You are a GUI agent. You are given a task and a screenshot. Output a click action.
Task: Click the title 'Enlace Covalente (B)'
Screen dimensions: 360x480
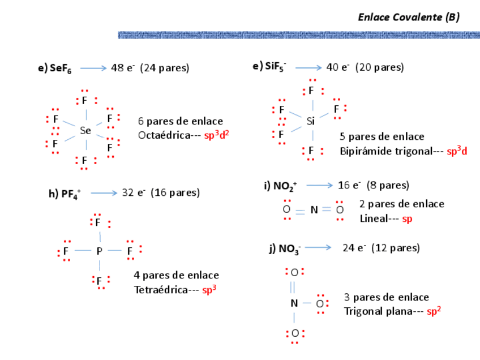coord(408,17)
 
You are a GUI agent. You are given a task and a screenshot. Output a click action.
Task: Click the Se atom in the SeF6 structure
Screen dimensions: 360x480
coord(85,131)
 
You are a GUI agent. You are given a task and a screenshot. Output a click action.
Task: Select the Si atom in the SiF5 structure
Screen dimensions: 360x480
coord(310,121)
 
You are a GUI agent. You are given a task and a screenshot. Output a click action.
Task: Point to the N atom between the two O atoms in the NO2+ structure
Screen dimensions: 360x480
coord(314,210)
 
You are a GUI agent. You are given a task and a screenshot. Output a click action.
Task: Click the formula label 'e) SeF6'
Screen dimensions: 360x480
coord(55,68)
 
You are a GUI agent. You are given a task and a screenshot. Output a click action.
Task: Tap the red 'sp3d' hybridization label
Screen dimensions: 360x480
coord(457,151)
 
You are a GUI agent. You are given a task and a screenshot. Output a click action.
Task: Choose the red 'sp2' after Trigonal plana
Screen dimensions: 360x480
coord(434,311)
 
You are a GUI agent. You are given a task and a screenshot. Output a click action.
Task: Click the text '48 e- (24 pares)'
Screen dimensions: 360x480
coord(150,68)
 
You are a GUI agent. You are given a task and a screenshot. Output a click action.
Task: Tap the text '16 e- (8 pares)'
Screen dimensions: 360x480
coord(373,185)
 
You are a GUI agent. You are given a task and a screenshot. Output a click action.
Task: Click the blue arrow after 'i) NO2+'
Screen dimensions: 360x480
coord(319,186)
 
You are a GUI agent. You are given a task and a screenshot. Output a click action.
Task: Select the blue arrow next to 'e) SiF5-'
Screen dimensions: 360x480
coord(308,67)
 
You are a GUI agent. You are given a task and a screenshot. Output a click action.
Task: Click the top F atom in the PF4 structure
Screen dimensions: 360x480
coord(98,223)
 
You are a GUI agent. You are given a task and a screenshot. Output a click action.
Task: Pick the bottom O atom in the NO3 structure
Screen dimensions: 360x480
coord(295,333)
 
